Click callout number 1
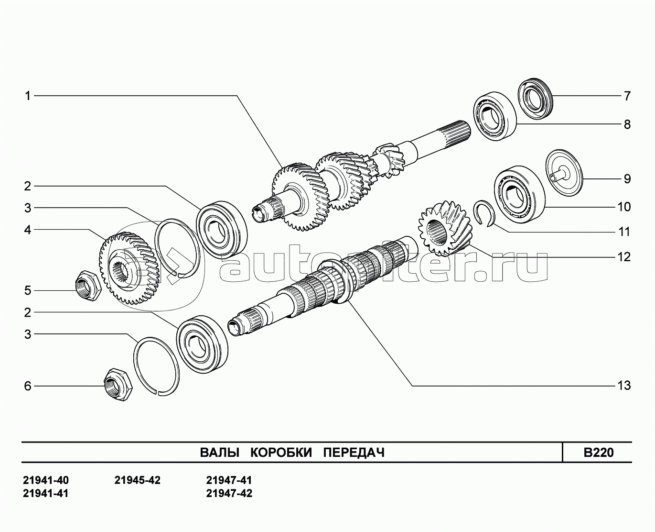[x=28, y=96]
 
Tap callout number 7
[x=627, y=96]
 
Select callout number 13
[x=623, y=385]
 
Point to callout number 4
[x=28, y=230]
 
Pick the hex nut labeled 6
[x=118, y=384]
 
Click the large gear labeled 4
[x=129, y=268]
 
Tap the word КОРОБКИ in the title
[x=281, y=453]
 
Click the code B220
[x=599, y=453]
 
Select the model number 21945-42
[x=138, y=480]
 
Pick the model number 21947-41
[x=229, y=480]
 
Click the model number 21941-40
[x=46, y=480]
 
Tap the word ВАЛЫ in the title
[x=220, y=453]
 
